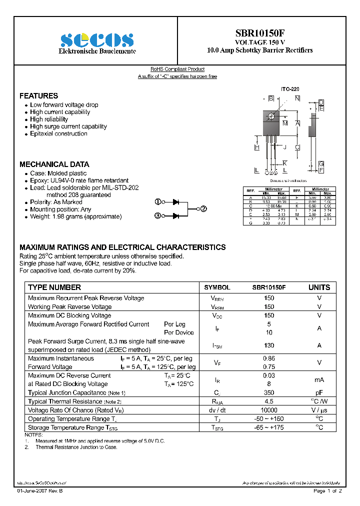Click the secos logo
point(96,40)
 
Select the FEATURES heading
point(38,95)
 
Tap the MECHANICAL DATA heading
point(54,164)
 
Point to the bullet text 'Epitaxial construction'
point(58,133)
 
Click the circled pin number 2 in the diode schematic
point(203,209)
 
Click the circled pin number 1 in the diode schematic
point(157,202)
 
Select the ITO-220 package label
point(290,89)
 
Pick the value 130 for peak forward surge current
point(269,345)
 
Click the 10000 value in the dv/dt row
point(269,410)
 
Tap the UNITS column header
point(319,287)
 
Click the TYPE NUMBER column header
point(54,287)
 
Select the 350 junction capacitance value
point(269,393)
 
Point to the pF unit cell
point(319,393)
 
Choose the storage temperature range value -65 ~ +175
point(269,427)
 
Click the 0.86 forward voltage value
point(269,358)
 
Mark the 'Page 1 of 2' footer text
point(327,491)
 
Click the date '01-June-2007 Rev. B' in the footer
point(40,491)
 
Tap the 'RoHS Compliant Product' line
point(177,69)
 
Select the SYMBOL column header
point(217,287)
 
